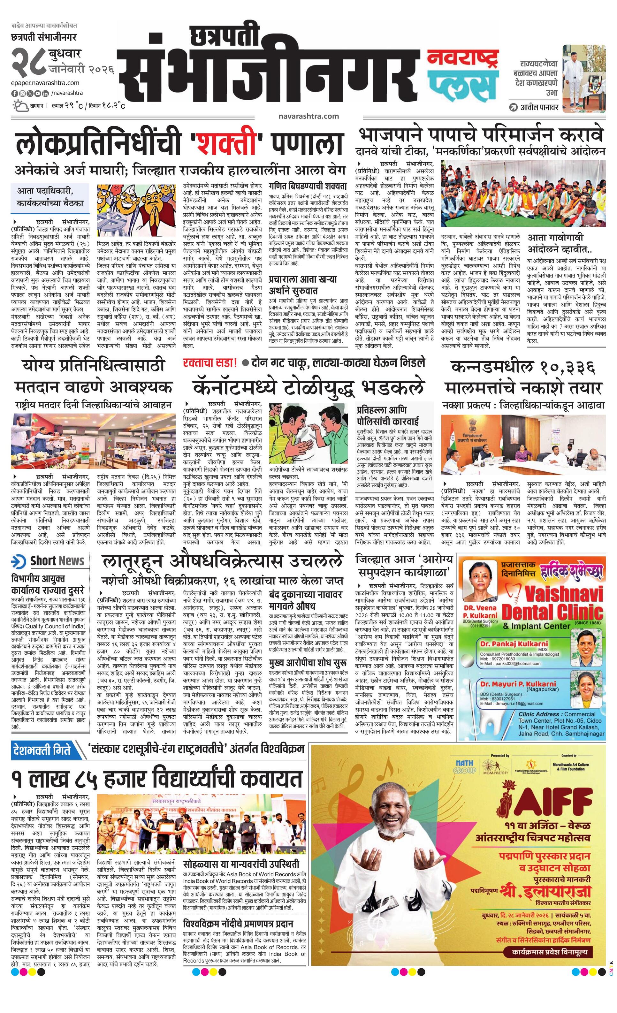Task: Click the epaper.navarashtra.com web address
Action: (x=45, y=83)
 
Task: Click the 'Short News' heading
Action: (x=57, y=561)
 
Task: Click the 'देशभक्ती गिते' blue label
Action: (x=42, y=750)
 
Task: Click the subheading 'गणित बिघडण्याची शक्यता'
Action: (x=308, y=185)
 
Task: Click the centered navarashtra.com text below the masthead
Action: (x=308, y=116)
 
